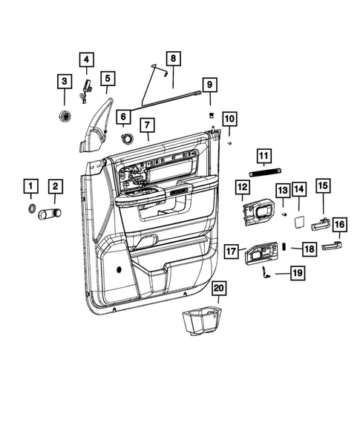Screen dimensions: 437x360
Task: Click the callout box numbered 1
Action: [31, 185]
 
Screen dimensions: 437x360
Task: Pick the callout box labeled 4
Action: [87, 59]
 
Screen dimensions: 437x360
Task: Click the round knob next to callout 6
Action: [128, 139]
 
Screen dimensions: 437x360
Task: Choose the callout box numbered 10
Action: [229, 119]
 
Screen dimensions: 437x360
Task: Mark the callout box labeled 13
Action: [282, 191]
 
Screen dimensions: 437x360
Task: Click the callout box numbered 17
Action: [231, 252]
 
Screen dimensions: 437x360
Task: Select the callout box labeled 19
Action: [296, 274]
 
